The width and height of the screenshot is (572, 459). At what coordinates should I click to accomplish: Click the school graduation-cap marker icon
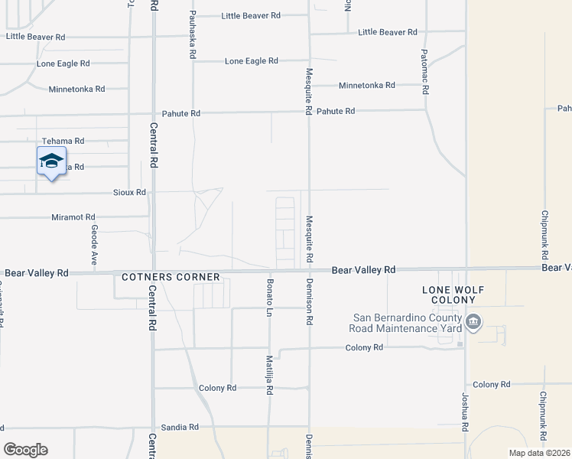tap(51, 161)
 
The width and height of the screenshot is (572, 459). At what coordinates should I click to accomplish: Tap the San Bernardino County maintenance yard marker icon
tap(473, 323)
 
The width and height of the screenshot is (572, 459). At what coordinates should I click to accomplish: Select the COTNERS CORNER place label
tap(171, 277)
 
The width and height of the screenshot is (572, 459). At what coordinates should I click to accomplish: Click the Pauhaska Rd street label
tap(193, 35)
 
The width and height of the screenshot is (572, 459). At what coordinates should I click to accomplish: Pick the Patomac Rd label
tap(424, 70)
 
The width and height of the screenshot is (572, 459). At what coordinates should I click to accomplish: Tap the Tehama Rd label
tap(63, 142)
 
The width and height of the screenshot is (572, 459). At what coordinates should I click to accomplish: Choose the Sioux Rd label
tap(129, 192)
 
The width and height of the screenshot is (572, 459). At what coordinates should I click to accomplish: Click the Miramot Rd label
tap(73, 217)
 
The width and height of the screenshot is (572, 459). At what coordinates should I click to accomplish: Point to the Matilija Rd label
tap(269, 375)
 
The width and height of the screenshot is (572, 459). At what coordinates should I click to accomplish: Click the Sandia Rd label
tap(179, 427)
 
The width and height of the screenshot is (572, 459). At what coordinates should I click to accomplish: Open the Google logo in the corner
tap(25, 449)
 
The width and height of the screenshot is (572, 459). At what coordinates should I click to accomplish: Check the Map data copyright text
tap(539, 453)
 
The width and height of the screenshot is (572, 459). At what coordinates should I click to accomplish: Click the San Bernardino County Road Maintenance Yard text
tap(408, 323)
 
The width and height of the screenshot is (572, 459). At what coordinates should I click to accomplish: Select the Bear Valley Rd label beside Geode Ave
tap(36, 272)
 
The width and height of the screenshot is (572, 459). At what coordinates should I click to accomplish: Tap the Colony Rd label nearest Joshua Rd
tap(491, 384)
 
